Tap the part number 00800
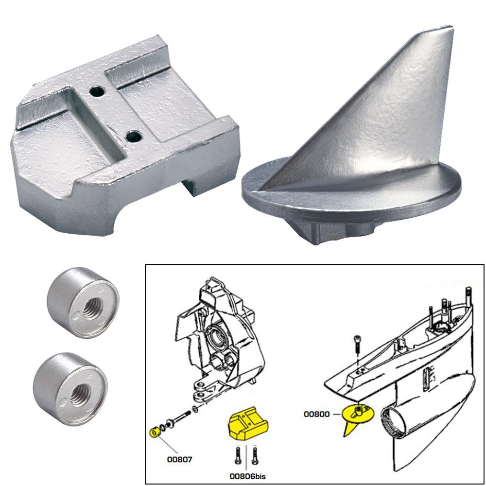tap(316, 414)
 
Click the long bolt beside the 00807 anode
tap(183, 417)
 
